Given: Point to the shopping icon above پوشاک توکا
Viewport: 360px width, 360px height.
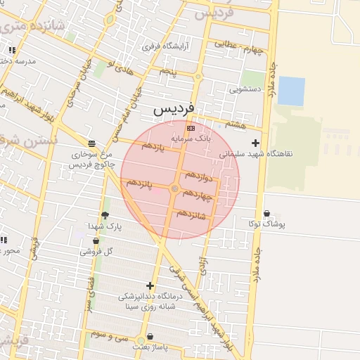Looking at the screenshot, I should (x=266, y=214).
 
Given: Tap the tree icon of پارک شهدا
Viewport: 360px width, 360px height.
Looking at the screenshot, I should (x=105, y=216).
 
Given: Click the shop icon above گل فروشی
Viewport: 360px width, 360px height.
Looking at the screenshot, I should (x=96, y=241).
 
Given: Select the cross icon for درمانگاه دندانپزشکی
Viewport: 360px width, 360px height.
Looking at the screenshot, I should (x=149, y=285).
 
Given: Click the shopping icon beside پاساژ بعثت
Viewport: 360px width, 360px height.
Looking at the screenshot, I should (x=149, y=337).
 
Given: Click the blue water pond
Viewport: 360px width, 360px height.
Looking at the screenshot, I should (x=292, y=91).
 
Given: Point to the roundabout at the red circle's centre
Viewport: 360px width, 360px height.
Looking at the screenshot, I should (x=174, y=188).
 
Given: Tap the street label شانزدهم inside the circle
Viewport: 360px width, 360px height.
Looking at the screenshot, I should (x=191, y=213).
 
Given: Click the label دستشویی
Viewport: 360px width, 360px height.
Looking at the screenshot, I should (x=245, y=90).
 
